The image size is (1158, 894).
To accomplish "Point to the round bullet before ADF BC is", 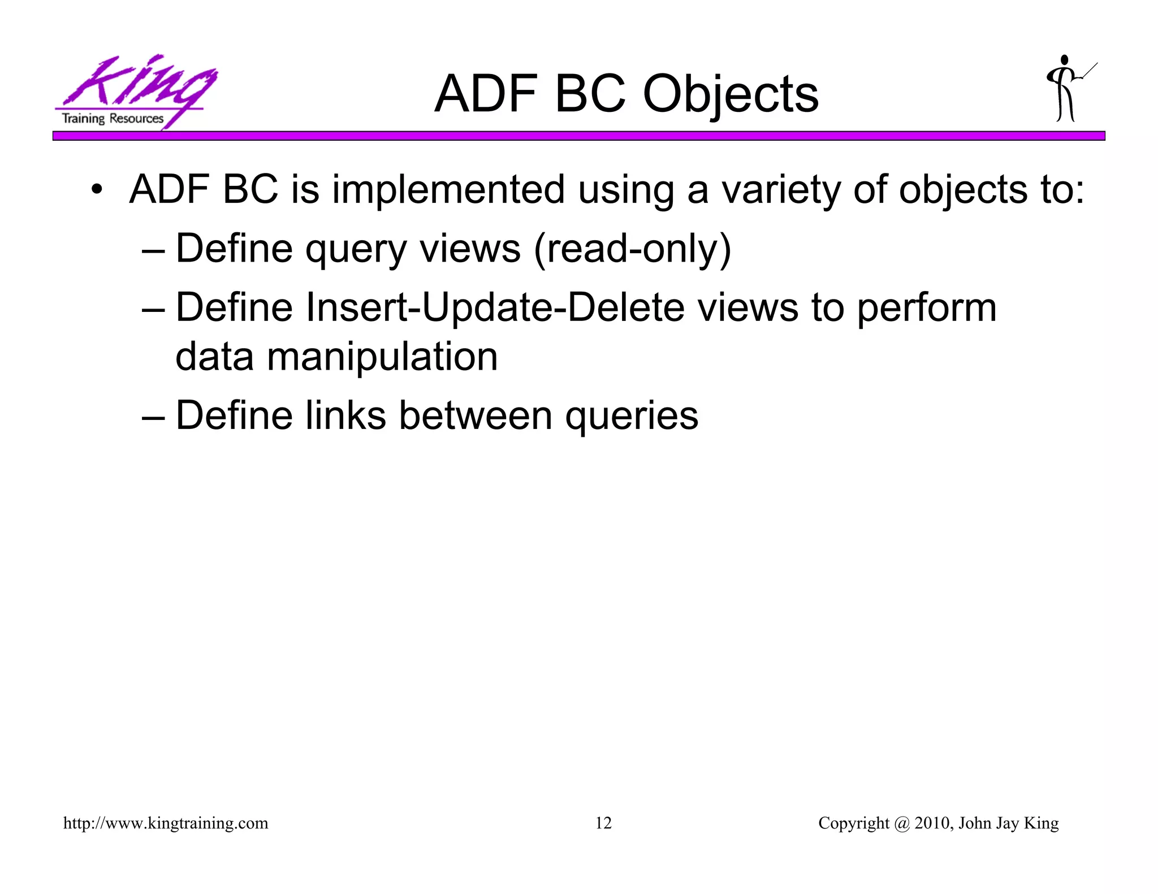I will pos(97,190).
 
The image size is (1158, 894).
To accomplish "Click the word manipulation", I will pos(382,357).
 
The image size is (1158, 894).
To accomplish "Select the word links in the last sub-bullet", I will pos(345,415).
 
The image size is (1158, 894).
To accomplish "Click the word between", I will pos(475,415).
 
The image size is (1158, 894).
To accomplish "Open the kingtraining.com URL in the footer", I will pos(166,823).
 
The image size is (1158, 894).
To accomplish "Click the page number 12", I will pos(603,823).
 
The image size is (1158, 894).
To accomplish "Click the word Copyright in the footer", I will pos(853,823).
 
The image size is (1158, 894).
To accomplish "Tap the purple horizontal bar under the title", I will pos(578,136).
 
